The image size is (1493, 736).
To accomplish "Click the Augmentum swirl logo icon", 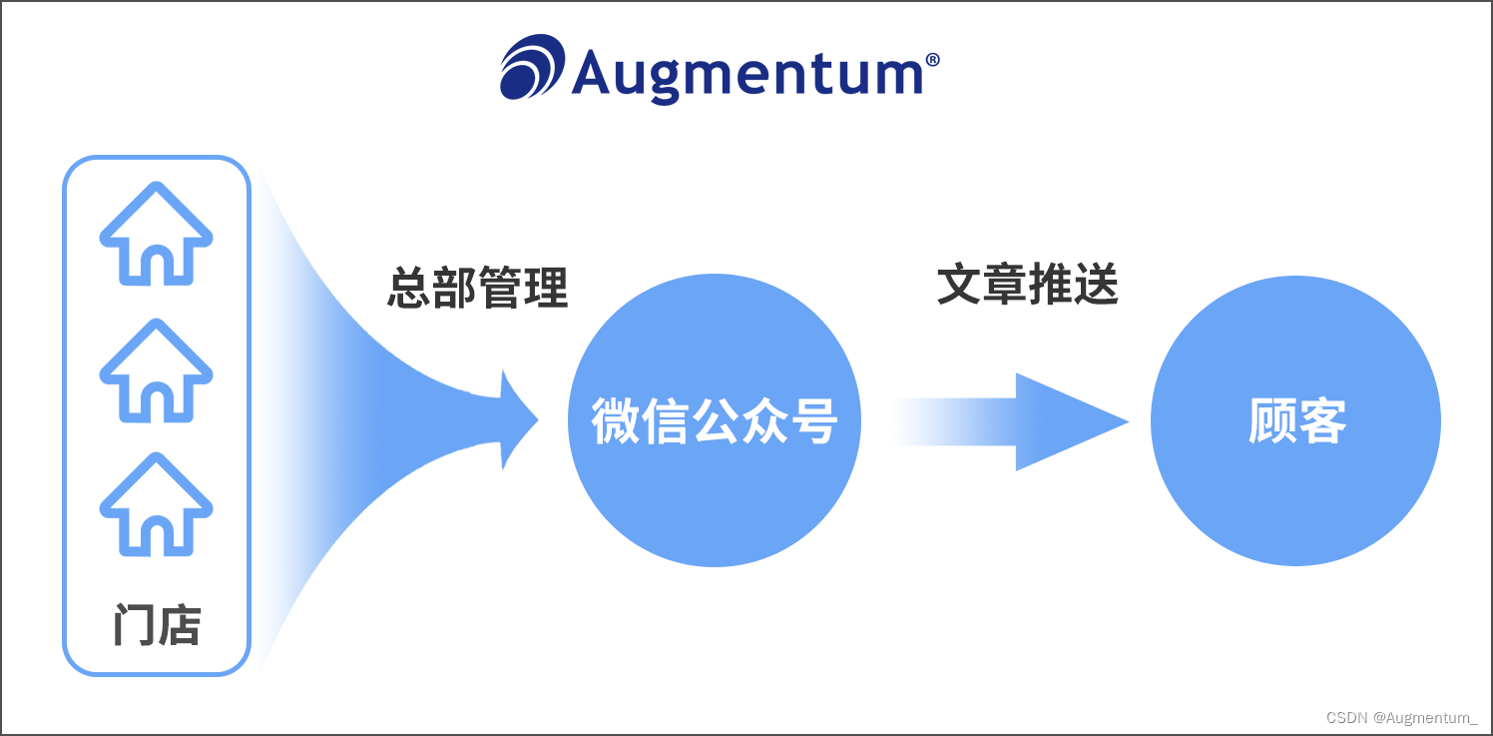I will pyautogui.click(x=532, y=67).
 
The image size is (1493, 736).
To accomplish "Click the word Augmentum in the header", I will pyautogui.click(x=747, y=72).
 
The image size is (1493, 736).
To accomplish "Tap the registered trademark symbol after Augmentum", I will pyautogui.click(x=932, y=60).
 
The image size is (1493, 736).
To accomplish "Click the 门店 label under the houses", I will pyautogui.click(x=157, y=626).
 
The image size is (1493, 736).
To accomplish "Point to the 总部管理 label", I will pyautogui.click(x=477, y=289).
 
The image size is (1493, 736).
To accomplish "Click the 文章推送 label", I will pyautogui.click(x=1028, y=286).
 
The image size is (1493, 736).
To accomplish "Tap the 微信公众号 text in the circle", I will pyautogui.click(x=714, y=421).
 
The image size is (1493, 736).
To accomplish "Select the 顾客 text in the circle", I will pyautogui.click(x=1296, y=421).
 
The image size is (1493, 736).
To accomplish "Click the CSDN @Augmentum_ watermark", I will pyautogui.click(x=1401, y=717).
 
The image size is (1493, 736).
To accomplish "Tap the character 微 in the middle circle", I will pyautogui.click(x=616, y=421).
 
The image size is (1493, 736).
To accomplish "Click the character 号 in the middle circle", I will pyautogui.click(x=811, y=421).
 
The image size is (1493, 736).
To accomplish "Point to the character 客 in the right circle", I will pyautogui.click(x=1321, y=421).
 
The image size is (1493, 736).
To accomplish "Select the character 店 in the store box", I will pyautogui.click(x=180, y=626).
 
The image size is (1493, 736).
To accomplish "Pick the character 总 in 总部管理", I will pyautogui.click(x=409, y=289).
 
